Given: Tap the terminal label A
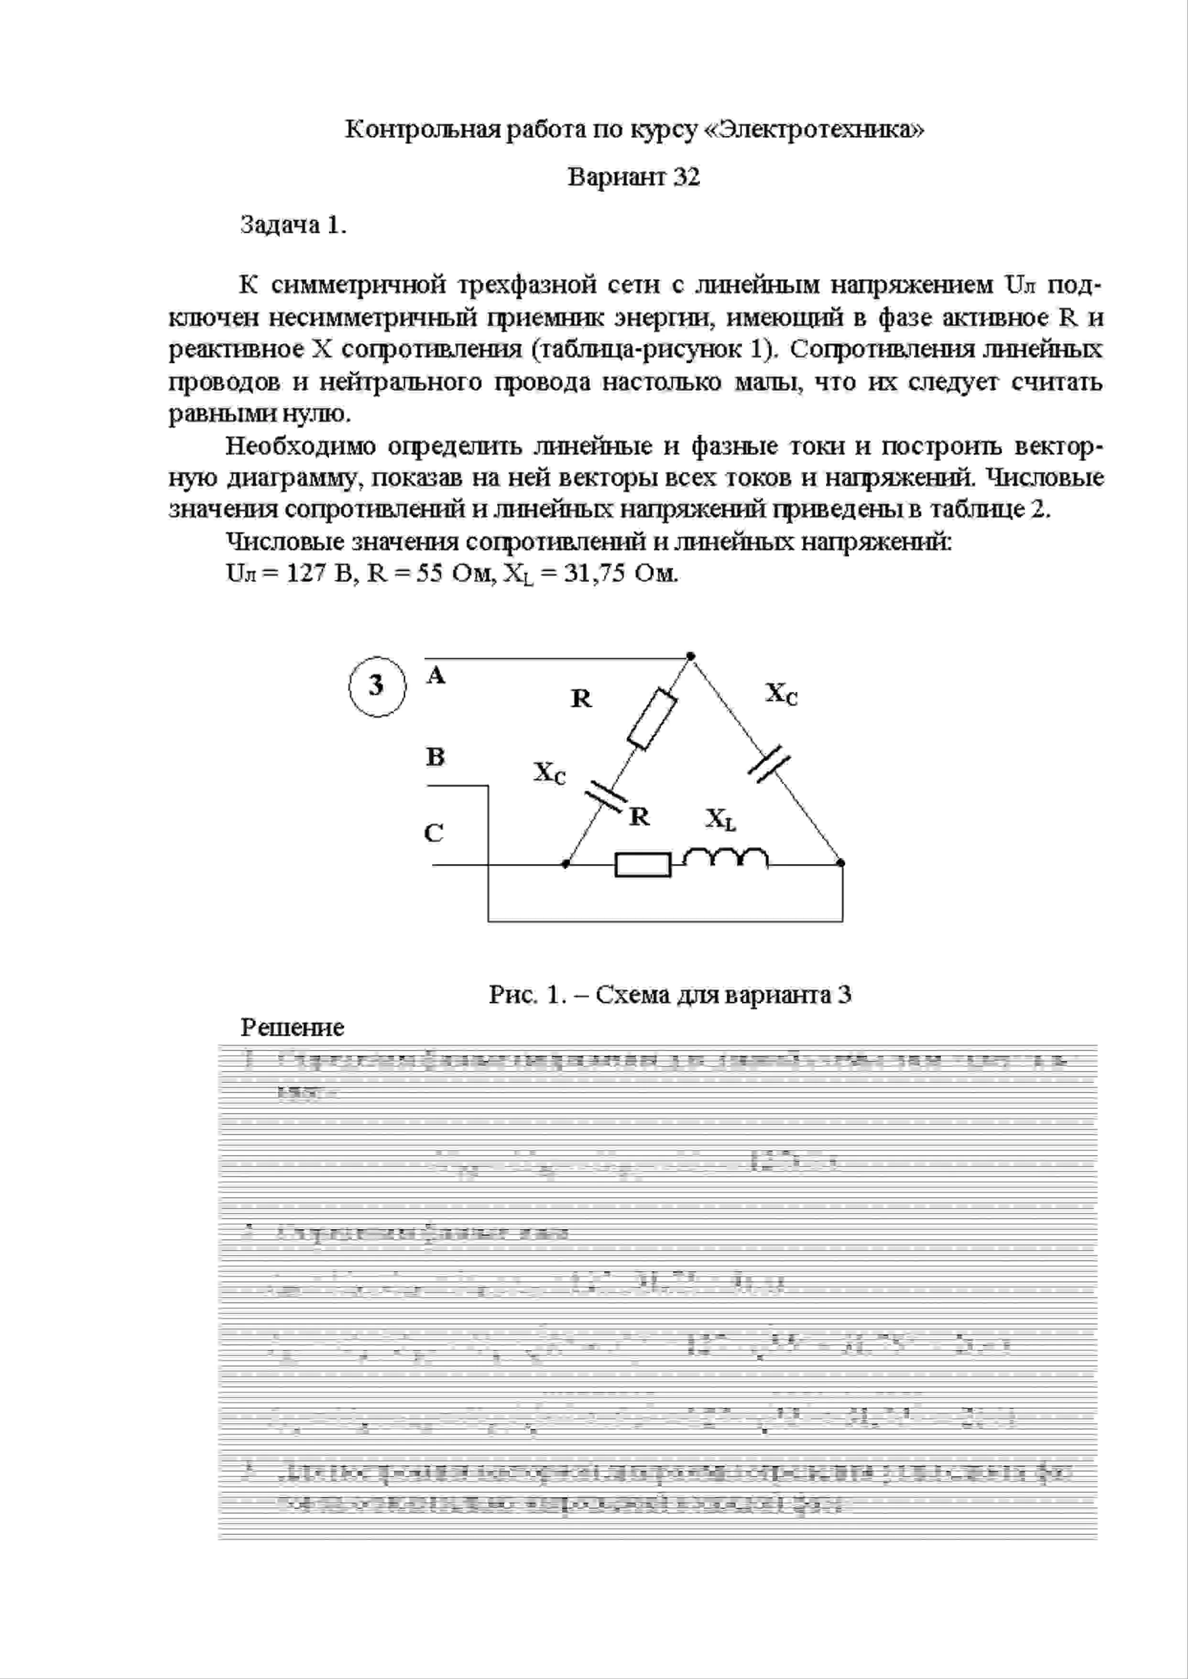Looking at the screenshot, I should click(x=436, y=676).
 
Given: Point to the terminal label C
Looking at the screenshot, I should click(x=434, y=833).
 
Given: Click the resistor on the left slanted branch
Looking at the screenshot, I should click(x=653, y=718).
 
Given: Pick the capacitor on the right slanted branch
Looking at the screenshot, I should click(x=770, y=764).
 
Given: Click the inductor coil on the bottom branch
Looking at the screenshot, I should click(x=726, y=858).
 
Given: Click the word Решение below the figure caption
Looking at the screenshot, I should click(x=293, y=1028).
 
